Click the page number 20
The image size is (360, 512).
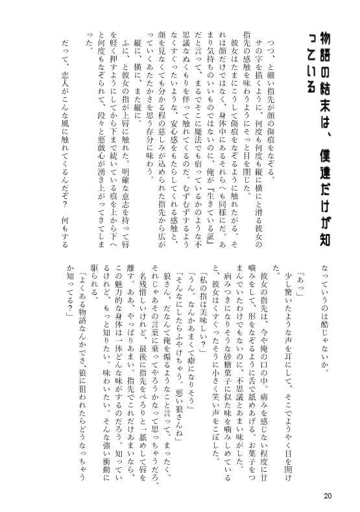(x=328, y=496)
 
